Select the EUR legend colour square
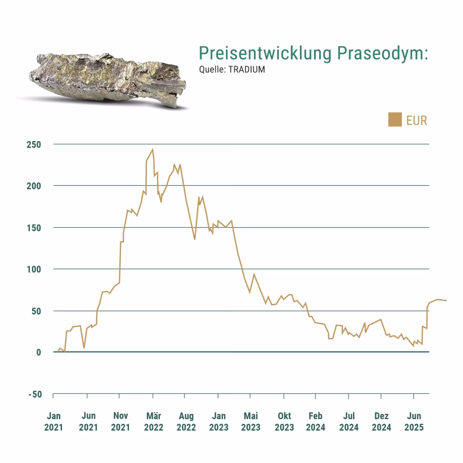[395, 120]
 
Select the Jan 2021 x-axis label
[54, 421]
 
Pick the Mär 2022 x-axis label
[153, 421]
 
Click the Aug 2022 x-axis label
[186, 421]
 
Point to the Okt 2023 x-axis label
[284, 421]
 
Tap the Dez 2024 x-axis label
[382, 421]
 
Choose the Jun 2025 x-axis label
[414, 421]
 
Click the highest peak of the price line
[153, 149]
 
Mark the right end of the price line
[446, 300]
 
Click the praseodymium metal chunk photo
[109, 79]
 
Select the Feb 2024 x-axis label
[315, 421]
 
